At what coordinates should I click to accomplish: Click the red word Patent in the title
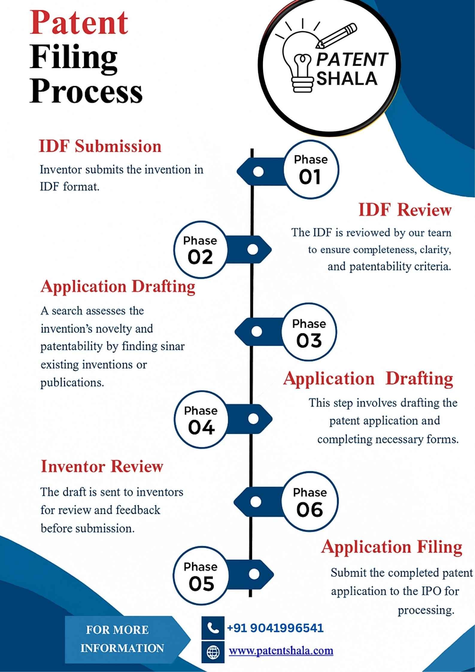point(79,23)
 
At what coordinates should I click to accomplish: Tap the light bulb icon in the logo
point(299,60)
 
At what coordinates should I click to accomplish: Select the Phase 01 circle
point(311,169)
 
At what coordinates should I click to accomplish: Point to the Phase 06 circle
point(309,502)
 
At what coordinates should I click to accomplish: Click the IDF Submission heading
point(100,146)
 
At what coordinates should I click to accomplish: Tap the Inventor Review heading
point(102,467)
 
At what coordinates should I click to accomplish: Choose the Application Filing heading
point(391,547)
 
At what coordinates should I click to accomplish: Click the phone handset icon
point(213,628)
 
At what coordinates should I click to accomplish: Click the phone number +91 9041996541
point(275,628)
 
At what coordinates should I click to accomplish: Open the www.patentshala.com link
point(281,651)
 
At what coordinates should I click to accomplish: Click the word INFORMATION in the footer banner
point(122,648)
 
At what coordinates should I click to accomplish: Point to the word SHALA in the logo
point(347,79)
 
